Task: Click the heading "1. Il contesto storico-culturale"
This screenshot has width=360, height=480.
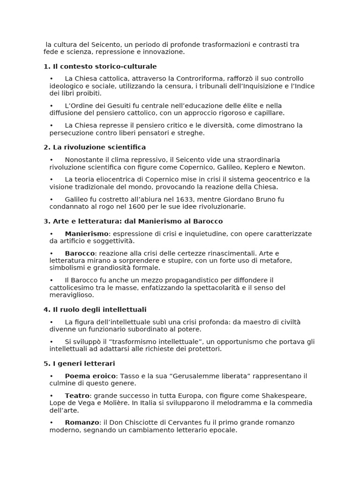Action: click(x=100, y=67)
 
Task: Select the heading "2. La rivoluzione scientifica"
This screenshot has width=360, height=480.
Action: click(x=95, y=147)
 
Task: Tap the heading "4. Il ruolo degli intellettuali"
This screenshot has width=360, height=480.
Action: click(x=95, y=309)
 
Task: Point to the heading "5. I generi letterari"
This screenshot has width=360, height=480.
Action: click(x=79, y=363)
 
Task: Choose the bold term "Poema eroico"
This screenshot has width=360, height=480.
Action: click(x=90, y=376)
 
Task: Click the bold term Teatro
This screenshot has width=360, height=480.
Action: click(x=77, y=396)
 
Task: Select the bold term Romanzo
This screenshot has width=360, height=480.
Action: click(x=82, y=422)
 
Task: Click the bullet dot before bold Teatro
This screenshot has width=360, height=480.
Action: click(x=52, y=396)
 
